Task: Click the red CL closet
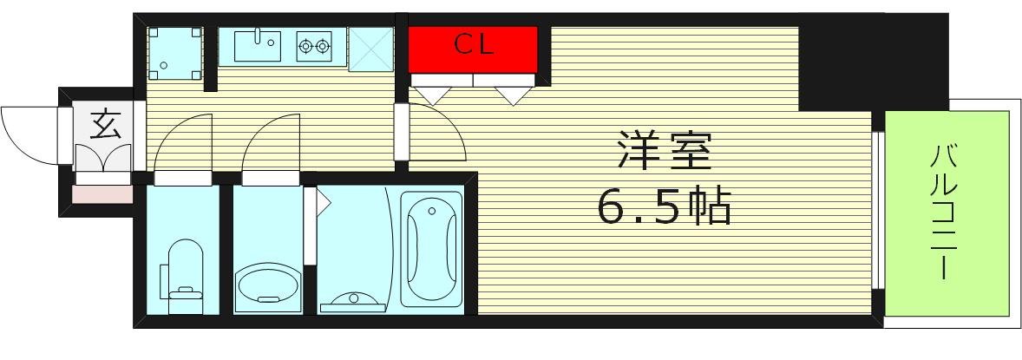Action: (473, 49)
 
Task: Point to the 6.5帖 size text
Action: (664, 206)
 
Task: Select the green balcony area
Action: (947, 213)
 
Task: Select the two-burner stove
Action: (314, 46)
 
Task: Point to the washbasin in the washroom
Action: (267, 284)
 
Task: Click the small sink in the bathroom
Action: (354, 301)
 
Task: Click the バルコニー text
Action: (945, 213)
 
